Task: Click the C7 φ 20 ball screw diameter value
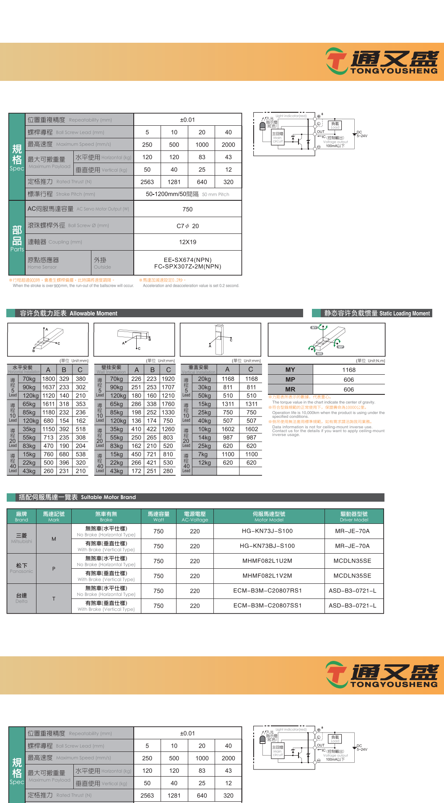(x=187, y=226)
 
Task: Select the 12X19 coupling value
(x=187, y=242)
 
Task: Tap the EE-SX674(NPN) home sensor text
(x=187, y=260)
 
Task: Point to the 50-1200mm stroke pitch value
(x=172, y=194)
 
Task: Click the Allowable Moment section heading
(x=93, y=313)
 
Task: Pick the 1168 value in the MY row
(x=348, y=370)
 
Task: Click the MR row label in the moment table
(x=290, y=389)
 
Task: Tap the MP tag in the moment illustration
(x=340, y=347)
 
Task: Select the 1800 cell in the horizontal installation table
(x=49, y=379)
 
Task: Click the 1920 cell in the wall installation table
(x=168, y=379)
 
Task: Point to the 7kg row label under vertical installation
(x=203, y=454)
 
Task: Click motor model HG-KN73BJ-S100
(x=267, y=546)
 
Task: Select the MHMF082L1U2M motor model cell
(x=267, y=561)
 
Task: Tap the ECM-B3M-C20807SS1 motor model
(x=267, y=606)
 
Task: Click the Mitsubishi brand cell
(x=21, y=538)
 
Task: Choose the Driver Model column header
(x=354, y=516)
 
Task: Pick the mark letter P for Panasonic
(x=54, y=569)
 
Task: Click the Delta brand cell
(x=21, y=598)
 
